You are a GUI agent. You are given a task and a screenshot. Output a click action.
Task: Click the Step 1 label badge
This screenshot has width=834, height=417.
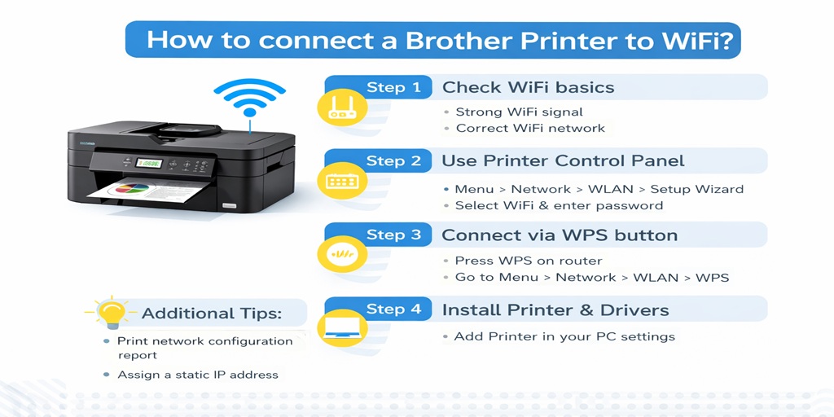(x=393, y=87)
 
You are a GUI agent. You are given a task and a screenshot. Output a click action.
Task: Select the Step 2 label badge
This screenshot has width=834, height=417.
(x=393, y=160)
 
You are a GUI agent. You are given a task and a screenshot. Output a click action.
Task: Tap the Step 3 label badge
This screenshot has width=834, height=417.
(x=393, y=235)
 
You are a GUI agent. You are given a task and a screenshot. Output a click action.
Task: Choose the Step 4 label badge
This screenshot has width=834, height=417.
(x=393, y=309)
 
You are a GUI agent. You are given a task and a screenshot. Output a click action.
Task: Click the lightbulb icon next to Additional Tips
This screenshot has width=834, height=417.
(x=112, y=313)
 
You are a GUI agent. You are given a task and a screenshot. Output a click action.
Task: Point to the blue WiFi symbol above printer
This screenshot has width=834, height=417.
(x=248, y=98)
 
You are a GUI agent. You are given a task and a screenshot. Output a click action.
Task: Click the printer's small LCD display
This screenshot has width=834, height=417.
(x=147, y=163)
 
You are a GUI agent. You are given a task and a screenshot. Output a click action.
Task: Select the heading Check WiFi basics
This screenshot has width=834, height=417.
(x=528, y=87)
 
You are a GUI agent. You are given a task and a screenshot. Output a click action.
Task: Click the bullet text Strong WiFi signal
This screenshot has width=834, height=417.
(x=519, y=112)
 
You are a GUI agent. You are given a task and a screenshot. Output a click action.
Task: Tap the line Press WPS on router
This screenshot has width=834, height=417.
(x=528, y=261)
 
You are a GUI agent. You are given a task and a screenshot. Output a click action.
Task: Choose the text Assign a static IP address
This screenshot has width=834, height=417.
(x=197, y=375)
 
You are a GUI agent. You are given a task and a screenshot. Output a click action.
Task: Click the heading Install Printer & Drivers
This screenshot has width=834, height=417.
(x=555, y=309)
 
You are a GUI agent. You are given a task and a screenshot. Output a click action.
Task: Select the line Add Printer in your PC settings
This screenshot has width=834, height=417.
(x=564, y=336)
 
